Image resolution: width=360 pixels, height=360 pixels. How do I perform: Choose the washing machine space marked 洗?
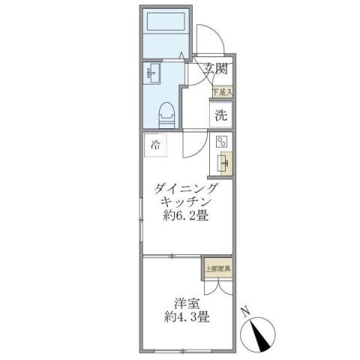point(220,115)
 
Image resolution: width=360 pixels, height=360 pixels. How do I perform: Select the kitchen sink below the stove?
point(223,162)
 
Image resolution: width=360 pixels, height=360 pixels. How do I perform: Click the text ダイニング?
point(187,188)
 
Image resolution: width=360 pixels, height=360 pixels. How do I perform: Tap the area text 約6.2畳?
point(185,217)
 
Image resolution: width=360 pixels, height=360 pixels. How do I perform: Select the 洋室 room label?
point(186,303)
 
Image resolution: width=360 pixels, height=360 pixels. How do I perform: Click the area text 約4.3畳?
point(187,317)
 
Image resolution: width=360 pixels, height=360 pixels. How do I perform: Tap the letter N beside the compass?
point(245,311)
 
